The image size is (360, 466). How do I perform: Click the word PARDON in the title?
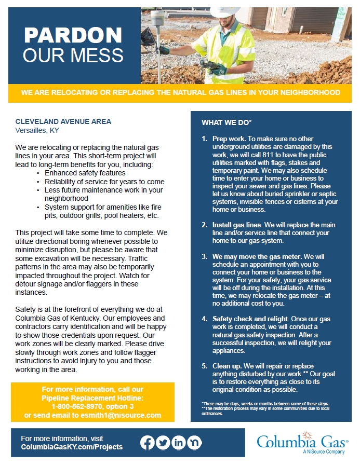click(73, 35)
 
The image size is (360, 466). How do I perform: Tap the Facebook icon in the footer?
click(148, 443)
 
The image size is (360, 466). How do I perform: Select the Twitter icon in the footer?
click(163, 443)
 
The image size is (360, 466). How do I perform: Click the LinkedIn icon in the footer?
click(179, 443)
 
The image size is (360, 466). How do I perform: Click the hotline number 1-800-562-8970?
click(83, 406)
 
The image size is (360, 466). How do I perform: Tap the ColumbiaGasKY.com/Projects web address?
click(72, 447)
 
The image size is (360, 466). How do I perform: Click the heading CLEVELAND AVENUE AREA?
click(63, 121)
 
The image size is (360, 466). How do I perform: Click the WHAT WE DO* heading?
click(226, 122)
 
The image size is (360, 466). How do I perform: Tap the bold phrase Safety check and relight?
click(249, 319)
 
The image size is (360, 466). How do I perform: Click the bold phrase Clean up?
click(228, 366)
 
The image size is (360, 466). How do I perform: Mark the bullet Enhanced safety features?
click(85, 173)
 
